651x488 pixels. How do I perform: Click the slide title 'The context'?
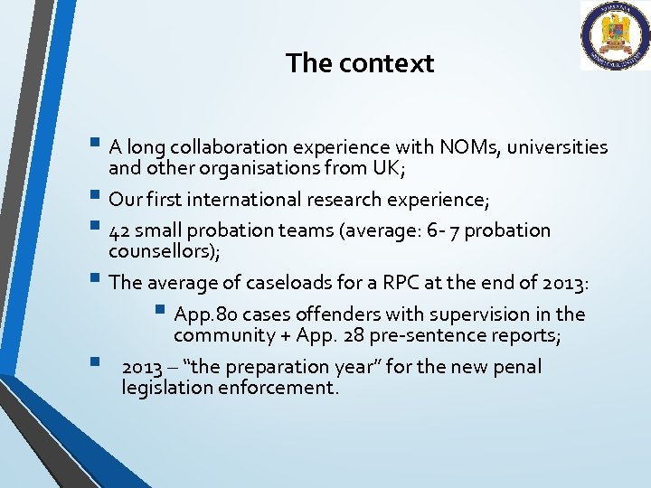pyautogui.click(x=360, y=63)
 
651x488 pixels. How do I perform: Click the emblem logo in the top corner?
pyautogui.click(x=614, y=36)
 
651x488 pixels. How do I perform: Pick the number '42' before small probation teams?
pyautogui.click(x=118, y=231)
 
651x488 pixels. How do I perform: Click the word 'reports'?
pyautogui.click(x=524, y=336)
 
